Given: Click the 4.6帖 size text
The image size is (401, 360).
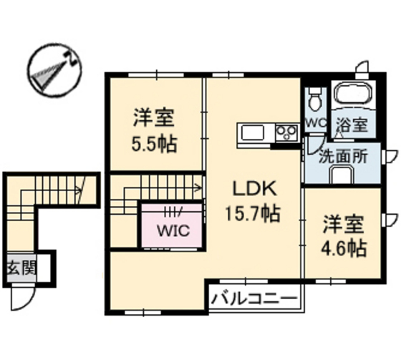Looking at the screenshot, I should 343,248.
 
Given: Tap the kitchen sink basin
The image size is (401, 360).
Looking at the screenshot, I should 253,132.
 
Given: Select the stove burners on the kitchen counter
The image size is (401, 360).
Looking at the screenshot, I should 286,132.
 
